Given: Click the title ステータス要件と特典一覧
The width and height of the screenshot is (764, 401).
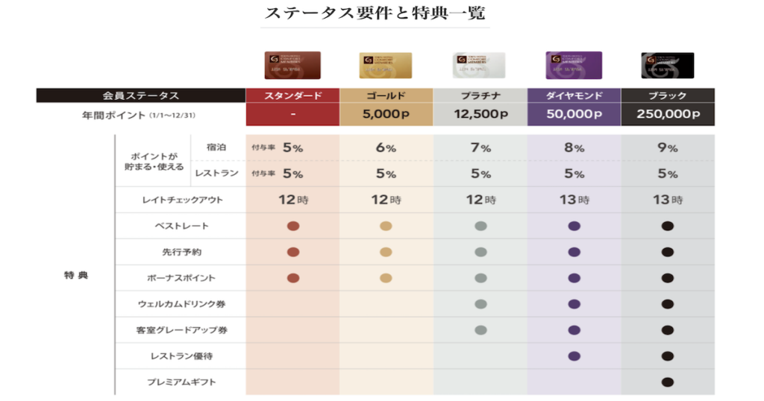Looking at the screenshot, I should point(375,13).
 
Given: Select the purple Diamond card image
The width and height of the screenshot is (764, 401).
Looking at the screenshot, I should point(574,66).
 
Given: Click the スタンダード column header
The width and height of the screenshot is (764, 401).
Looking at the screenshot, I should point(293,95).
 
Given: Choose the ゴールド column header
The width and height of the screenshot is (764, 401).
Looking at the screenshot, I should point(386,95).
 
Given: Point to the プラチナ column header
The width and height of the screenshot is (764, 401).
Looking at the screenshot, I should point(480,95).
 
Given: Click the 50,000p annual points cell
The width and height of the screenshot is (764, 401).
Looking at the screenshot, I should point(574,115).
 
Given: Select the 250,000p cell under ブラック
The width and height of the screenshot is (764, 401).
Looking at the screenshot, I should point(668,115).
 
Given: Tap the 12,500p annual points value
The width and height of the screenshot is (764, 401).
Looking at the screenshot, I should point(480,115).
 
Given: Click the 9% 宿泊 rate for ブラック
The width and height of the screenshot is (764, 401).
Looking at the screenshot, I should point(668,148).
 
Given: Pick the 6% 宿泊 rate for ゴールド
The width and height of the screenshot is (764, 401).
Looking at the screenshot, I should point(386,148).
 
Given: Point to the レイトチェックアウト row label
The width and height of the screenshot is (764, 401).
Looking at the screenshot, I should point(181,200).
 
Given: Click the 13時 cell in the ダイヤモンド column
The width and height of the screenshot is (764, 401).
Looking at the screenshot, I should point(574,200).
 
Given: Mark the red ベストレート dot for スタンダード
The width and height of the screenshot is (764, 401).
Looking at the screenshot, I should point(293,226).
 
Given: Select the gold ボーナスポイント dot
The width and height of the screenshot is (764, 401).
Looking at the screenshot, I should point(386,278).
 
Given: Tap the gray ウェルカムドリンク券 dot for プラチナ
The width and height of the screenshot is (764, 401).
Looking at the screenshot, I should point(480,304).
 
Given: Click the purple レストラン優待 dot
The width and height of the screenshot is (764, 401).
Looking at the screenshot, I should point(574,356).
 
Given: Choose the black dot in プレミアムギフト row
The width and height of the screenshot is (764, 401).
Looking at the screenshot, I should point(668,382).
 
